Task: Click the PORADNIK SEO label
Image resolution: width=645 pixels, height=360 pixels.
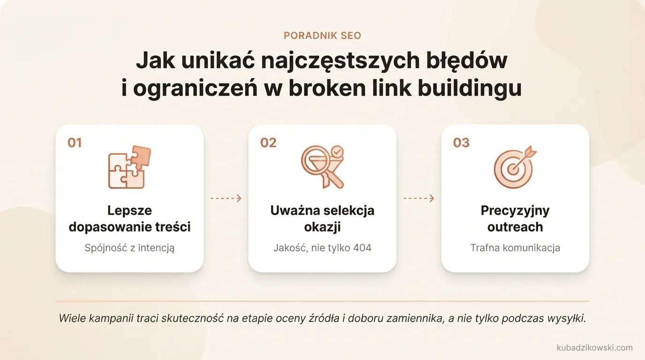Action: [322, 36]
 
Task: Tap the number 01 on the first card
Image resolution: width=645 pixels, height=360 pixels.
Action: [75, 142]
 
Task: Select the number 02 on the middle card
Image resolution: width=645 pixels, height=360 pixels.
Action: [268, 142]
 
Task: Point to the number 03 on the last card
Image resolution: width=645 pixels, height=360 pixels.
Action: [461, 142]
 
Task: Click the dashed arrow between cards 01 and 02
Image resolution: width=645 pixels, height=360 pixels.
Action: [226, 198]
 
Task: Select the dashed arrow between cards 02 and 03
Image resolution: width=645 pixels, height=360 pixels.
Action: [419, 198]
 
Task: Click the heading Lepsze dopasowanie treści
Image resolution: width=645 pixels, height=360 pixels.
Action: [129, 219]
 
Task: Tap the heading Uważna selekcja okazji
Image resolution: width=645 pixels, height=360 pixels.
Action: [322, 219]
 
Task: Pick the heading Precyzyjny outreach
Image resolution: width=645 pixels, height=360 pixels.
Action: [515, 219]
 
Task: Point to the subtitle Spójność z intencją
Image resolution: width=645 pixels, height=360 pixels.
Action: [129, 248]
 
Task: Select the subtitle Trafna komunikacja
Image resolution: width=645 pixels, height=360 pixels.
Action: [515, 248]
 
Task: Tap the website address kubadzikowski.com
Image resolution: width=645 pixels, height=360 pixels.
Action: [594, 348]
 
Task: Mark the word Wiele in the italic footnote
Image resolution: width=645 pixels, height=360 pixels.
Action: [71, 319]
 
